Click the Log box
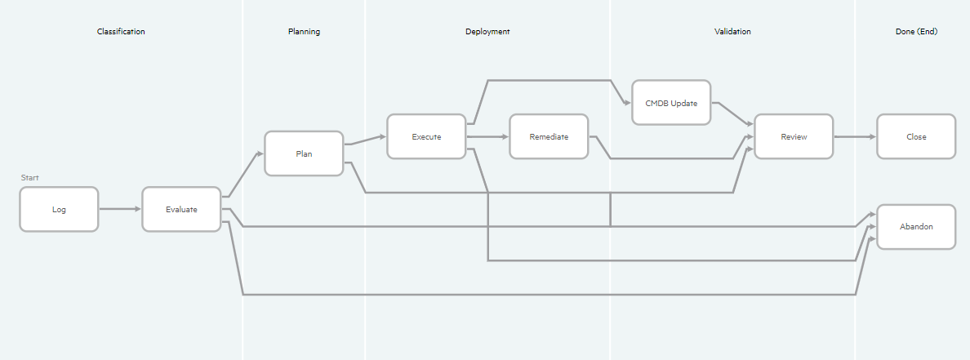(59, 210)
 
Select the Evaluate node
(181, 210)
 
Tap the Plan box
(304, 153)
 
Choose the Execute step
(426, 136)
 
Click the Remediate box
(549, 136)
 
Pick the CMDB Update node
(671, 103)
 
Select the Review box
(794, 136)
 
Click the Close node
(916, 136)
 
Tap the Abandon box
(916, 226)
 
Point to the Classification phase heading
(121, 32)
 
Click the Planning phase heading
(304, 32)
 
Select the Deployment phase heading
(487, 32)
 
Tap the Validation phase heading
(732, 32)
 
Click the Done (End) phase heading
(916, 32)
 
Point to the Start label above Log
(30, 177)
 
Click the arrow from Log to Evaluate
(120, 210)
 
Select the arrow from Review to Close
(855, 136)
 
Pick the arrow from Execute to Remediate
(487, 136)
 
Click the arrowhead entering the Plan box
(260, 153)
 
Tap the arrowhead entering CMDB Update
(628, 103)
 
